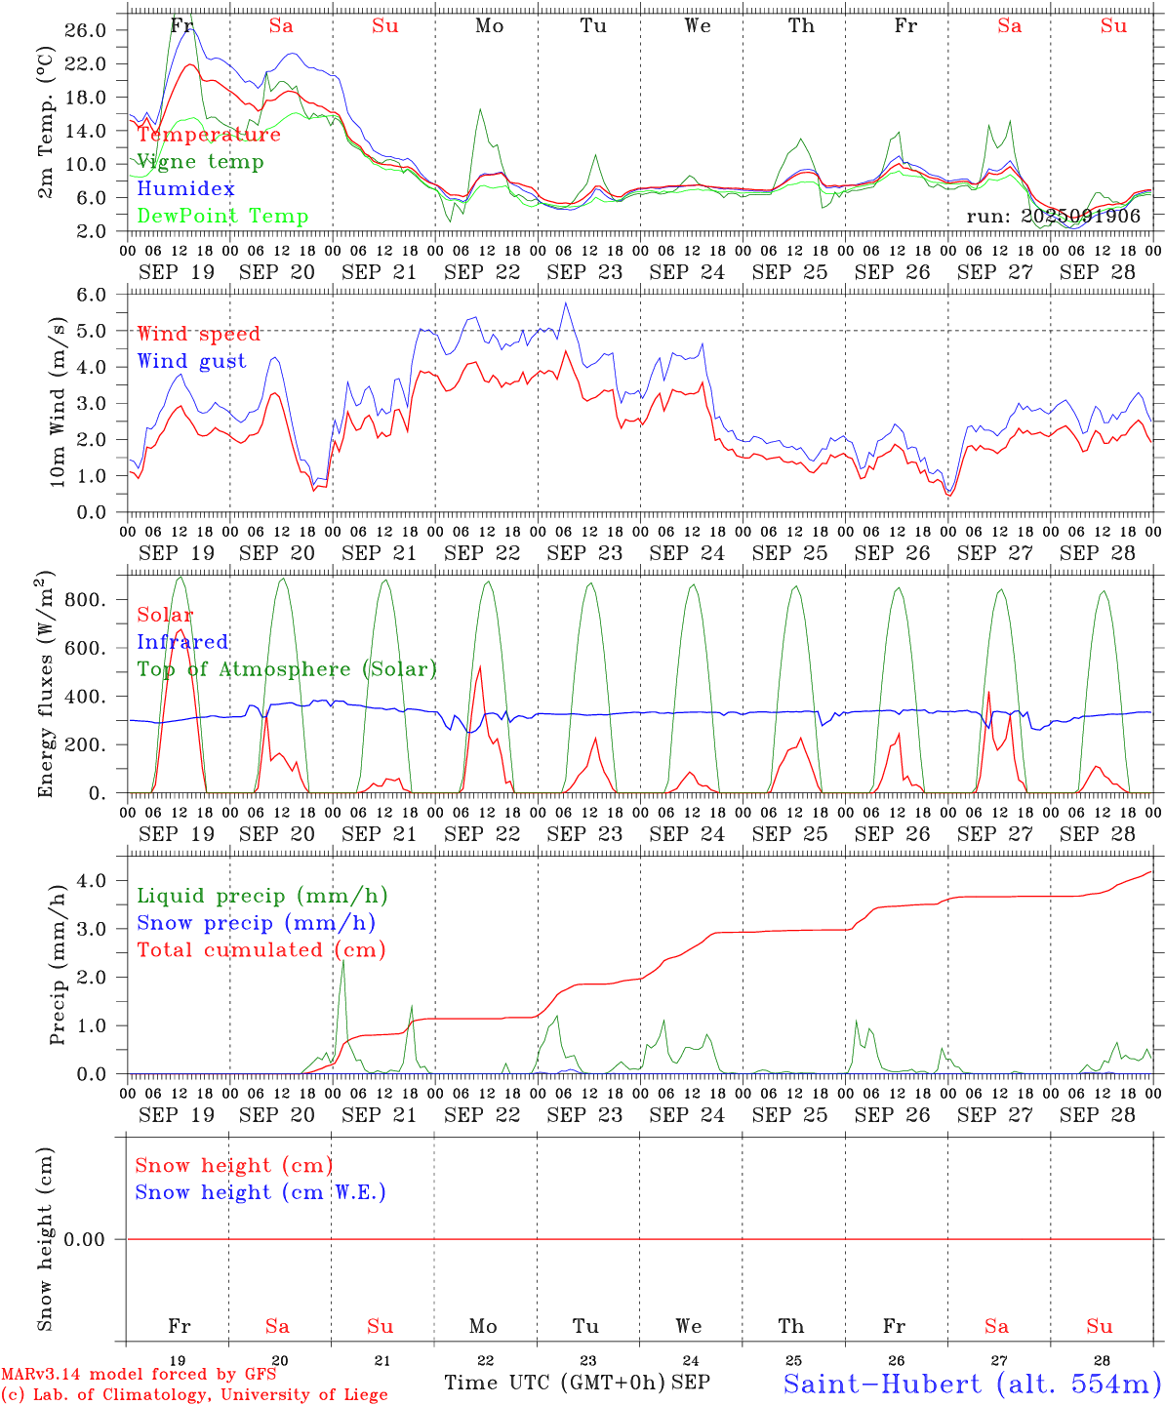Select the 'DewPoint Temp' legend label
(222, 217)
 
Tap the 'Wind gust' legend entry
(191, 361)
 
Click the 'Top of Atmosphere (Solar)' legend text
(287, 669)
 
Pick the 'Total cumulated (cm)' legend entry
(261, 949)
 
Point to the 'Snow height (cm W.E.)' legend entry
(261, 1192)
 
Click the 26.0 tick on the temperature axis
(87, 30)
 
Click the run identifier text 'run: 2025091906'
(1053, 217)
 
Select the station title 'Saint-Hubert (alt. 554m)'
(972, 1384)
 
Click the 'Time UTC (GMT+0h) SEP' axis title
(577, 1383)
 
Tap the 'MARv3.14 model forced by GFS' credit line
(139, 1375)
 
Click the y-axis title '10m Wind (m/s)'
(58, 403)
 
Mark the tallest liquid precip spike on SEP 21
(342, 962)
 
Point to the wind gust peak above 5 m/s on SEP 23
(565, 303)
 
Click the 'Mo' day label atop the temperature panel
(490, 26)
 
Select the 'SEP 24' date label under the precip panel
(687, 1114)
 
